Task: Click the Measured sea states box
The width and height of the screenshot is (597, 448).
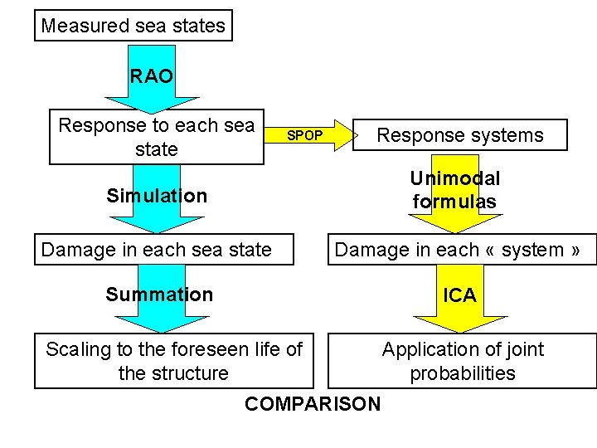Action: [x=133, y=26]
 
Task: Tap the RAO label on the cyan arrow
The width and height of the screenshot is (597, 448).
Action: [x=152, y=77]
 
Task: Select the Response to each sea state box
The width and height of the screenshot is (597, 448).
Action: [x=157, y=138]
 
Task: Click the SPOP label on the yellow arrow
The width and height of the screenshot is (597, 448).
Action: [x=304, y=135]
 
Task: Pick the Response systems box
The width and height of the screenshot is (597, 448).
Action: [x=460, y=135]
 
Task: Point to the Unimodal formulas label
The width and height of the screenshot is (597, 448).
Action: [x=455, y=190]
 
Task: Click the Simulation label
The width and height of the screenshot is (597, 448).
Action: [x=157, y=196]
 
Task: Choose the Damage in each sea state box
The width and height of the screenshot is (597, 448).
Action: [x=163, y=250]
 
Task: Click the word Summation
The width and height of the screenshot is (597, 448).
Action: [x=159, y=295]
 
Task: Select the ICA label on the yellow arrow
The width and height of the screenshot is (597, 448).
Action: [x=459, y=295]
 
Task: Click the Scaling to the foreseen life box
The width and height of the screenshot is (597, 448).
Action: [x=174, y=361]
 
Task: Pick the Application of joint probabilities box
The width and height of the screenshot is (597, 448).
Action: [x=462, y=361]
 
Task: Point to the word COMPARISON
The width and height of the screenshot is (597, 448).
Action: [x=313, y=404]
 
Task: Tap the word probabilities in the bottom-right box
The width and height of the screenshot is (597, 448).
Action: [x=463, y=373]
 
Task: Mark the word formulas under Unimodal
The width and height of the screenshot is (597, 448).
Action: [x=454, y=202]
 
